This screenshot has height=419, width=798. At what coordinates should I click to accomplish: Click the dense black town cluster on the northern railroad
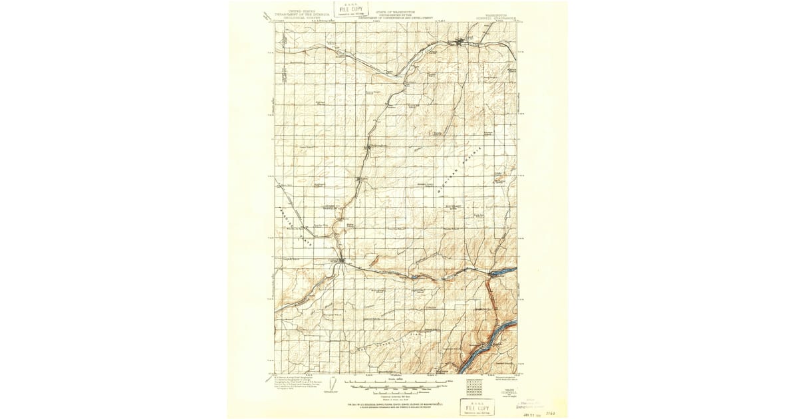[x=459, y=44]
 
